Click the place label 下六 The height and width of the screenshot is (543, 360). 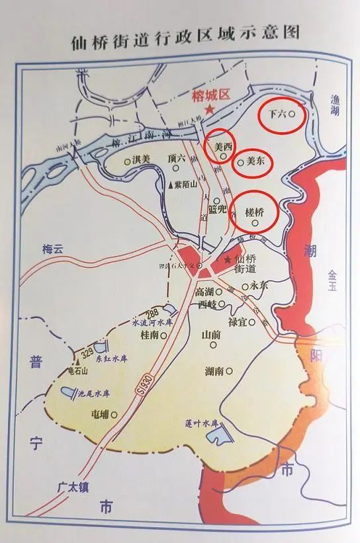pyautogui.click(x=277, y=114)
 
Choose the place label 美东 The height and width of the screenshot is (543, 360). pyautogui.click(x=255, y=160)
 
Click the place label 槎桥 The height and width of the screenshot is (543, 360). pyautogui.click(x=255, y=212)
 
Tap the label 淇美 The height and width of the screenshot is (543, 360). pyautogui.click(x=142, y=159)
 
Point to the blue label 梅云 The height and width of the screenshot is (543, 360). pyautogui.click(x=52, y=249)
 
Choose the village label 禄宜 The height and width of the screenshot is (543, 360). pyautogui.click(x=237, y=322)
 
